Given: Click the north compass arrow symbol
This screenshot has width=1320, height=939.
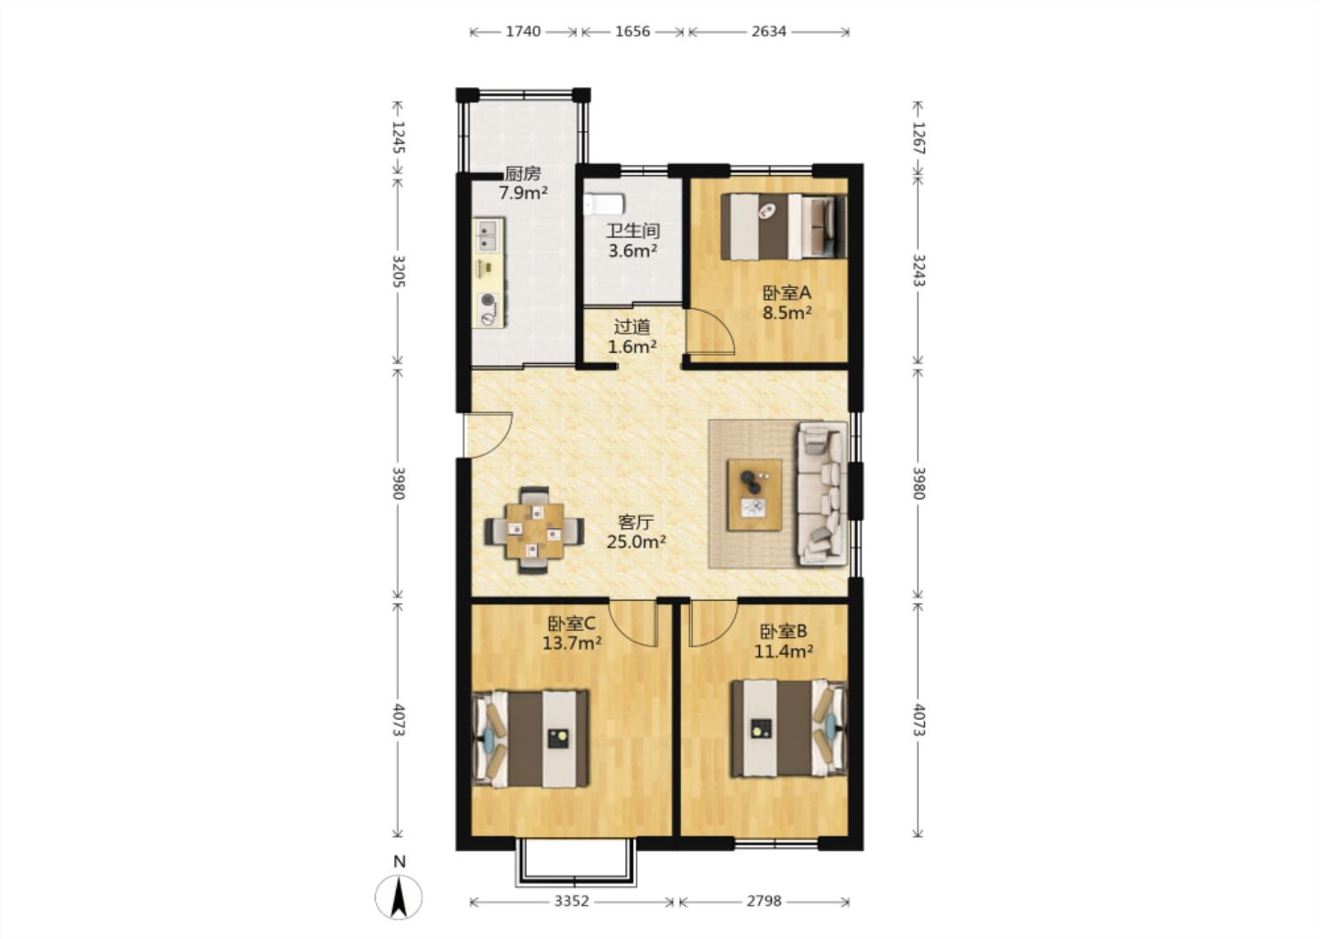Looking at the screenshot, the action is coord(399,897).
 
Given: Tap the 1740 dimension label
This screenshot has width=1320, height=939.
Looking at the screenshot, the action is coord(523,32).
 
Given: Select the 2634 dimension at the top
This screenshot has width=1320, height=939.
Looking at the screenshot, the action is coord(768,32).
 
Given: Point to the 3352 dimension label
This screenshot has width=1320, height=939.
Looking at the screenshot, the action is coord(571,901).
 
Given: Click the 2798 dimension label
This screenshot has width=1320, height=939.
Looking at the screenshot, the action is coord(764,901).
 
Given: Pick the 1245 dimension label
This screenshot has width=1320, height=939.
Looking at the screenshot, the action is coord(399,138).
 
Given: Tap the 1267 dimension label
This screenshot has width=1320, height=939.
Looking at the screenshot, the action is coord(918,138).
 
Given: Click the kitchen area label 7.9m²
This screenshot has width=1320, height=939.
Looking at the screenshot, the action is coord(523,193).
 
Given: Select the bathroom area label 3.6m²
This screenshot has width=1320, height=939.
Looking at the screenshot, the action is coord(632,251).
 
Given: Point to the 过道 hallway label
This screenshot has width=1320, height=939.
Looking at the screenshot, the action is coord(632,326).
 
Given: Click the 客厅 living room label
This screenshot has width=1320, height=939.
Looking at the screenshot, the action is coord(636,522).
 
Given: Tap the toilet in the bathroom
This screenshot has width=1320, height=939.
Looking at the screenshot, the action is coord(603,204).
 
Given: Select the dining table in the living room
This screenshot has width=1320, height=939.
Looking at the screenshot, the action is coord(534,531).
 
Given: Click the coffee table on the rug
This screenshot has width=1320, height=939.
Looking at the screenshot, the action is coord(754,495).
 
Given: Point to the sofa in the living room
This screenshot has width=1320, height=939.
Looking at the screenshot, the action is coord(822,494).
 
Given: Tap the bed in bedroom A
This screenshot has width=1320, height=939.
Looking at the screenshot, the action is coord(784,226).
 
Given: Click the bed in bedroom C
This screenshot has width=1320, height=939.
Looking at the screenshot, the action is coord(531,738).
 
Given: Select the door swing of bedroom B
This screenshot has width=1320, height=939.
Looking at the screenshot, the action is coord(713,624).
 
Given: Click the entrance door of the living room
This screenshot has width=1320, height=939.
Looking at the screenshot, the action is coord(488,435).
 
